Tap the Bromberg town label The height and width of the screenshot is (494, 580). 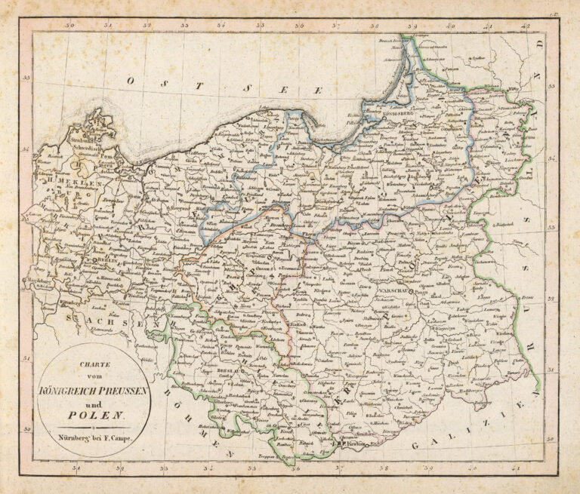[x=273, y=223]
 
